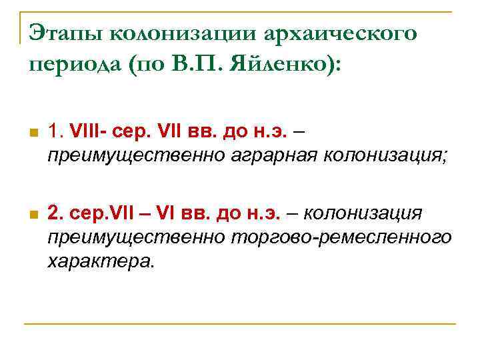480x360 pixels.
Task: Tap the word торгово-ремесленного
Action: point(340,238)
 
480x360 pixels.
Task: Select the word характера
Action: point(100,261)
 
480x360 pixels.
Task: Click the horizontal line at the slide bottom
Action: point(240,323)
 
